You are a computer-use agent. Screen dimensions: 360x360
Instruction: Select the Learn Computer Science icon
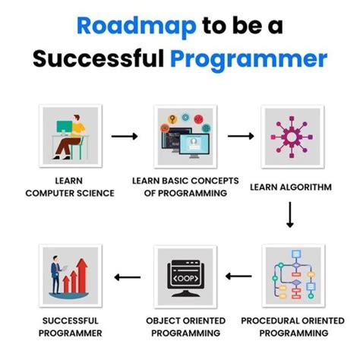[69, 136]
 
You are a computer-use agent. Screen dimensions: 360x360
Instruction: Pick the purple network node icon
[290, 136]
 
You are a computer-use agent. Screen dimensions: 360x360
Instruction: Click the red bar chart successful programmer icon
[69, 276]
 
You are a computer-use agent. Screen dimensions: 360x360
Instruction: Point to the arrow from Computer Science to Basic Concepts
[125, 137]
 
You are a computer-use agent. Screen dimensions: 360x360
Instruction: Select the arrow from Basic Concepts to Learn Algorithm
[240, 137]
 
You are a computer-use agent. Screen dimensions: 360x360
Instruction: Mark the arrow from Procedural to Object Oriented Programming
[240, 278]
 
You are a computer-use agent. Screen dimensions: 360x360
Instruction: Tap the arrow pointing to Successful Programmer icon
[126, 278]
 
